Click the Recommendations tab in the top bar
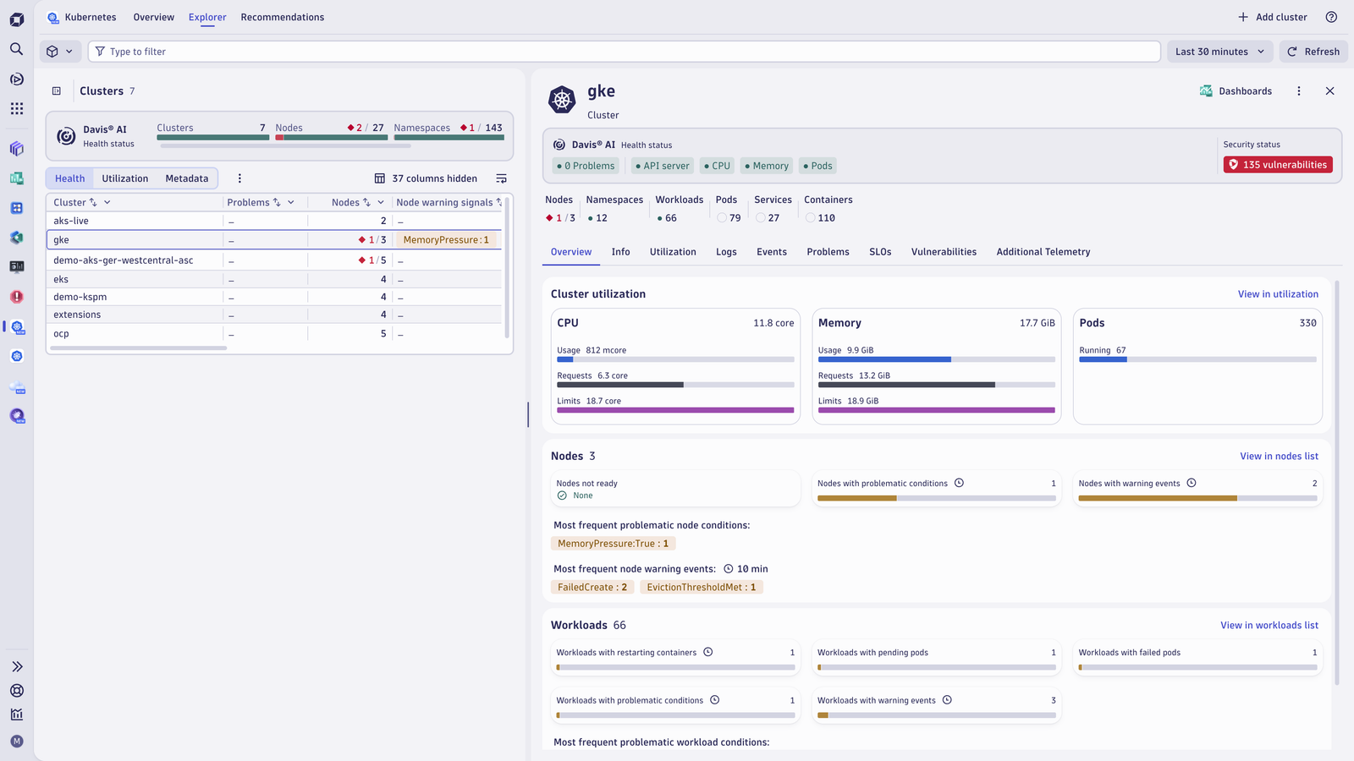pos(283,17)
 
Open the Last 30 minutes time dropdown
pos(1219,52)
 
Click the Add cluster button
pos(1273,17)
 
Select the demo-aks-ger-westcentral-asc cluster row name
pos(124,260)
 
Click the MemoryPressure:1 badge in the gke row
pos(446,240)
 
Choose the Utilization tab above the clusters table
pos(125,178)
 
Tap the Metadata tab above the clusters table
pos(187,178)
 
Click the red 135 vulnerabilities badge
pos(1278,165)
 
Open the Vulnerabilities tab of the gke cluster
pos(944,252)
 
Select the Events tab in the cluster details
pos(771,252)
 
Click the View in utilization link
pos(1278,294)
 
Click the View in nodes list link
pos(1279,456)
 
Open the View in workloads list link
pos(1269,625)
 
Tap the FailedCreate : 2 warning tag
pos(592,587)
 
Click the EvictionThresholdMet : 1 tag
pos(702,587)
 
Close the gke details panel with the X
pos(1329,91)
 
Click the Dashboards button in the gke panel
pos(1236,91)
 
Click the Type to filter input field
pos(624,52)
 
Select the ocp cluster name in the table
pos(61,333)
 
